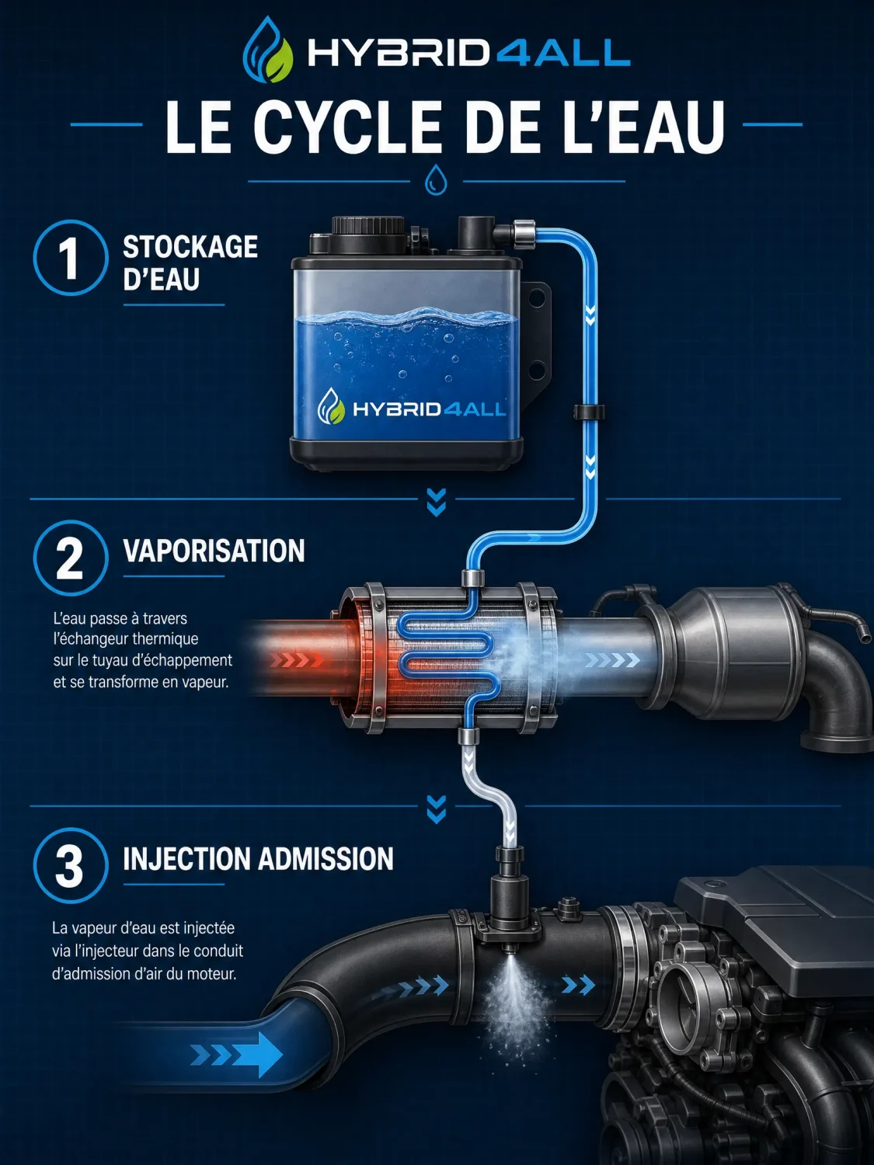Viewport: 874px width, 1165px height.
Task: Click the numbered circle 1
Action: (x=71, y=257)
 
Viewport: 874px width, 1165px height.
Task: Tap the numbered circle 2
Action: (x=71, y=558)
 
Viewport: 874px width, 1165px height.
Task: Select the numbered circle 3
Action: (x=71, y=866)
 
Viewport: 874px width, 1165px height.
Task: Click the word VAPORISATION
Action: (x=214, y=551)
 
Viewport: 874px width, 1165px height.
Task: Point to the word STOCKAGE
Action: (x=190, y=247)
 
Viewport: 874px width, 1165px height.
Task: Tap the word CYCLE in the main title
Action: (x=347, y=127)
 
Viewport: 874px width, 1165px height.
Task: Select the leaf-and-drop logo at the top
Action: (x=267, y=50)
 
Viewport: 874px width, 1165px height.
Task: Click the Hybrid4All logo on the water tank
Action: (x=411, y=409)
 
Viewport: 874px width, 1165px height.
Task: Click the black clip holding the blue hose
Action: (x=589, y=412)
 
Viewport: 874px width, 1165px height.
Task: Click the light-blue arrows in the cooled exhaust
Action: (x=612, y=660)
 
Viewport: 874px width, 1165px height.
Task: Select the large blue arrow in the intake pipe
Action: (x=237, y=1055)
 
